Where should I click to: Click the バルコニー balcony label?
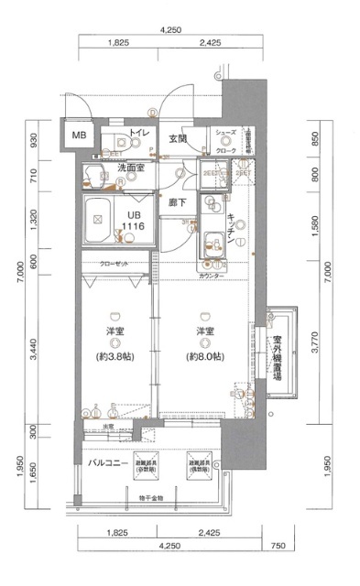click(x=106, y=464)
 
